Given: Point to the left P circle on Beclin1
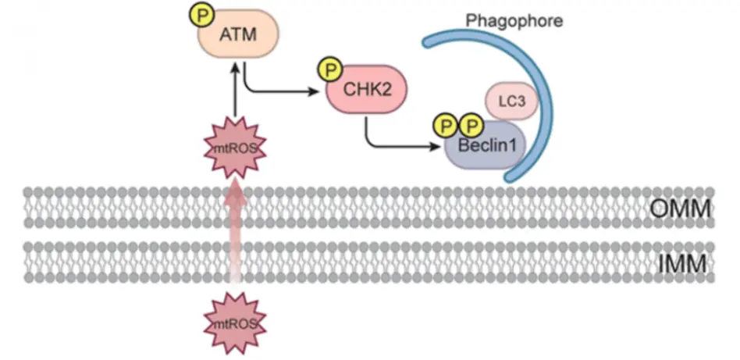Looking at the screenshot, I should pos(446,123).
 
